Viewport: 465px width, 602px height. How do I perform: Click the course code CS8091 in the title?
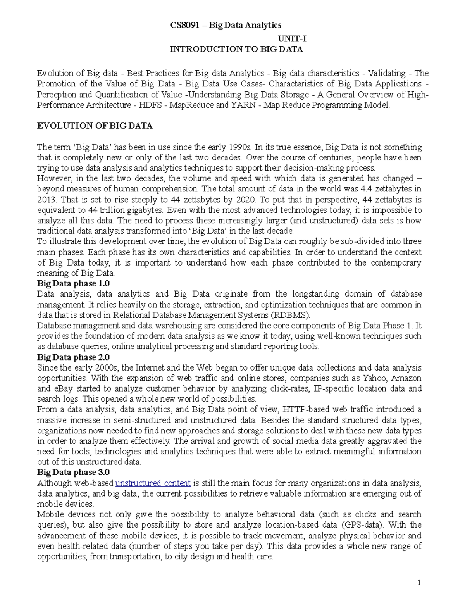[185, 25]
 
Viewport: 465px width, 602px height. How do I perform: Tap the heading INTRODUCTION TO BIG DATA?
[236, 49]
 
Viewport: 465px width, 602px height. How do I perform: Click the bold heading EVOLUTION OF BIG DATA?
[95, 126]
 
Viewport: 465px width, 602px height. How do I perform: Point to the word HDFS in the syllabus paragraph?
[149, 105]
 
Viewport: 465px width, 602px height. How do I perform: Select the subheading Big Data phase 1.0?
[73, 284]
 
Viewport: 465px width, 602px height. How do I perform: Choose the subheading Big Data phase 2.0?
[73, 357]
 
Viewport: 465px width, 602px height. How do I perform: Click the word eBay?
[63, 388]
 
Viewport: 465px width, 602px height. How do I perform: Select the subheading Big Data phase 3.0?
[73, 472]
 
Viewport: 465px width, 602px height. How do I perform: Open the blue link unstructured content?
[153, 483]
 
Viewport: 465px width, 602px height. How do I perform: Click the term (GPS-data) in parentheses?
[363, 525]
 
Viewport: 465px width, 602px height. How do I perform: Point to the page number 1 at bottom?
[419, 582]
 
